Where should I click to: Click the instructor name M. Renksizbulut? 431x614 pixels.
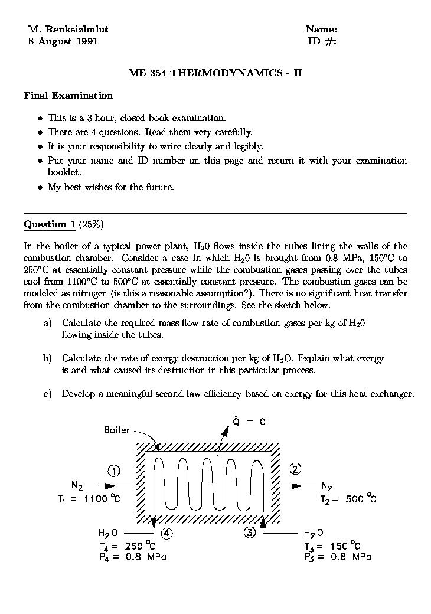[x=68, y=29]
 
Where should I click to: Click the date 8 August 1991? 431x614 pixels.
[x=63, y=41]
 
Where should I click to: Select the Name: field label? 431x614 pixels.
[x=321, y=29]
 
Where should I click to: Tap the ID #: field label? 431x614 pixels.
[x=322, y=41]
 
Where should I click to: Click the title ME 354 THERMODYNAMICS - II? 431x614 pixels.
[x=215, y=73]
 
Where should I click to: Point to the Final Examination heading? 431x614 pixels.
[x=68, y=95]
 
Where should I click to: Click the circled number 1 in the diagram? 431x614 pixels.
[x=114, y=471]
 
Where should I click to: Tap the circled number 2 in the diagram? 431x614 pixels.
[x=295, y=469]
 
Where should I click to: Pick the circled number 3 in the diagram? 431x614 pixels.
[x=250, y=533]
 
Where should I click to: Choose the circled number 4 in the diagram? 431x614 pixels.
[x=167, y=533]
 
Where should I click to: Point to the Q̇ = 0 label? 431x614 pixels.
[x=249, y=422]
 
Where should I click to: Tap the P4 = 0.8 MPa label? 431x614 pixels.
[x=133, y=557]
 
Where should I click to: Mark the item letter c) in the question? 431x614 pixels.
[x=48, y=394]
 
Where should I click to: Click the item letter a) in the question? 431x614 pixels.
[x=48, y=323]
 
